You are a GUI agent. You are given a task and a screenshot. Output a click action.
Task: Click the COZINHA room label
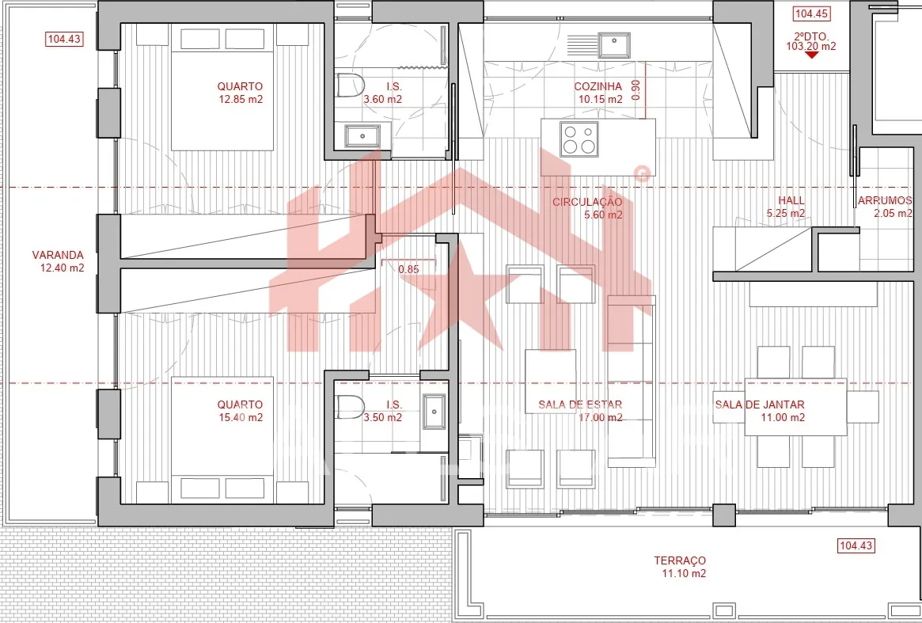tap(598, 86)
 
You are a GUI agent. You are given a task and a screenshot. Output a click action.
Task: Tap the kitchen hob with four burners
tap(579, 139)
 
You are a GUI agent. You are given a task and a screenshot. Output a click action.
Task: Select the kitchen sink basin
tap(614, 45)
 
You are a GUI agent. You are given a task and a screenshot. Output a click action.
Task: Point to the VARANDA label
tap(58, 256)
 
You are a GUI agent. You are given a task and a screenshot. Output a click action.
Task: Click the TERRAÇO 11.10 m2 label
tap(681, 567)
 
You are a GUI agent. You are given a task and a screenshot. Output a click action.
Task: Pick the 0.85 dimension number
tap(408, 269)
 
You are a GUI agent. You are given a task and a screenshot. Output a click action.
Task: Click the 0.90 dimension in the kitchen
tap(636, 90)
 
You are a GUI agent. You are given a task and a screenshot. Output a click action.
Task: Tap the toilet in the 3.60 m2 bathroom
tap(350, 86)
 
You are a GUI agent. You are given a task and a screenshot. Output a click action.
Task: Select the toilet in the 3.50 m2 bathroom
tap(350, 407)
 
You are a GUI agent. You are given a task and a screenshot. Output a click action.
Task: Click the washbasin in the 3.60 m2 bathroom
tap(362, 136)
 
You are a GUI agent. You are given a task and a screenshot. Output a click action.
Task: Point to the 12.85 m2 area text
tap(241, 100)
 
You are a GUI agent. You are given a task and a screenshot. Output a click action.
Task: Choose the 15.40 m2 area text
tap(241, 418)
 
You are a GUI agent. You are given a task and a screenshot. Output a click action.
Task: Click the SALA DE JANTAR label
tap(760, 405)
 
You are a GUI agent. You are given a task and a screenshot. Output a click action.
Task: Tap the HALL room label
tap(791, 200)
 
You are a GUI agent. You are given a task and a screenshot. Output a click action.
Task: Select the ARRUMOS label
tap(885, 200)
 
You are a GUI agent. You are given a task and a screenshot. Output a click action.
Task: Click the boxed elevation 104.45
tap(811, 13)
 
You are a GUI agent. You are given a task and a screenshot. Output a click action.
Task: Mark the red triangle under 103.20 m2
tap(811, 55)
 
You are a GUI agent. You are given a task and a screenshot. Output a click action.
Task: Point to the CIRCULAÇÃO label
tap(586, 203)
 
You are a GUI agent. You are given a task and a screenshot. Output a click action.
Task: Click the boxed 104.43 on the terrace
tap(856, 545)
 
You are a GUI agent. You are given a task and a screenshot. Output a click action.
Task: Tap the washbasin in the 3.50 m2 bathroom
tap(434, 411)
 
